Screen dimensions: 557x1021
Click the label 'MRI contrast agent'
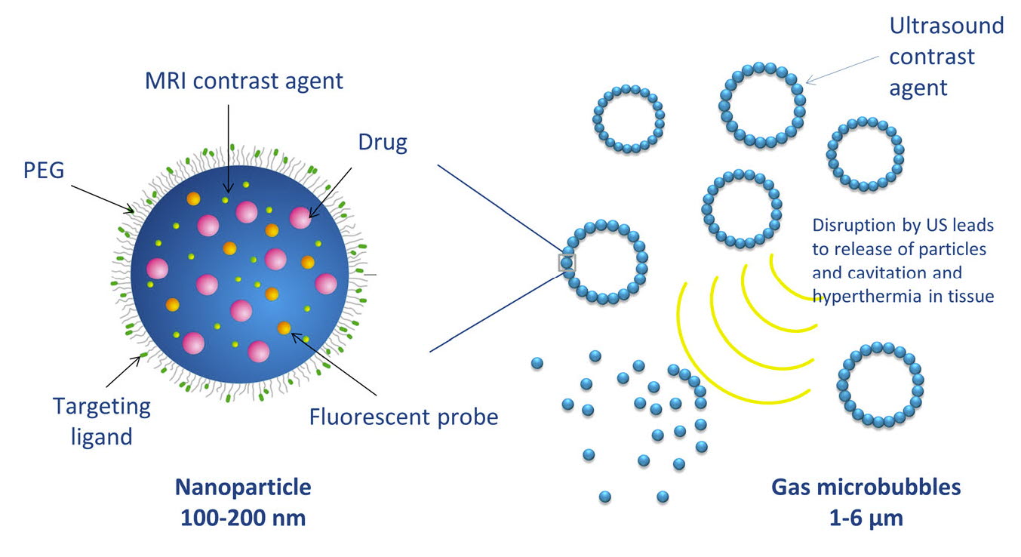pos(244,80)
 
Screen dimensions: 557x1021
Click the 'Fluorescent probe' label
pos(404,416)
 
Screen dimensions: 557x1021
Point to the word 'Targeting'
pos(101,407)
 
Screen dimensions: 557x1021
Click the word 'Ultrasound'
pos(946,26)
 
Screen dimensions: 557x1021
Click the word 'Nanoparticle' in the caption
pos(243,487)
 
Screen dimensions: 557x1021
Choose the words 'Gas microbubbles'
pos(866,487)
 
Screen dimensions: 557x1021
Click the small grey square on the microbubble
pos(567,263)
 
